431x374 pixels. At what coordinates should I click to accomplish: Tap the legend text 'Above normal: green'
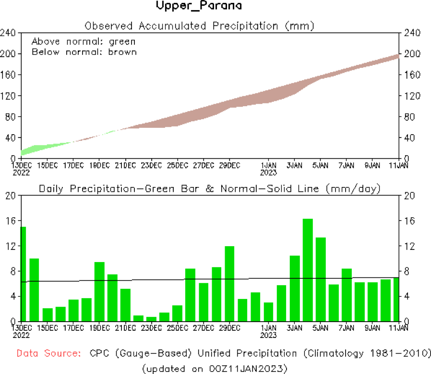[x=84, y=41]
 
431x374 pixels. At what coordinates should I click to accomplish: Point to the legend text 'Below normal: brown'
[x=84, y=51]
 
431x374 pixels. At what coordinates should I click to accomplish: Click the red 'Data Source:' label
[x=48, y=353]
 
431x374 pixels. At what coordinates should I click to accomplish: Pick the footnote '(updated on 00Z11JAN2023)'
[x=215, y=368]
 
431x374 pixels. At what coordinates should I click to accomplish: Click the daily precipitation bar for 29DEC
[x=229, y=284]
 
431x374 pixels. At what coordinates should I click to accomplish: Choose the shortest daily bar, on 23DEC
[x=152, y=319]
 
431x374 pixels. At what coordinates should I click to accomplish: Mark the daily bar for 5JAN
[x=321, y=279]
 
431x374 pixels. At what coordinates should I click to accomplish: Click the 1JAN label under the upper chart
[x=268, y=165]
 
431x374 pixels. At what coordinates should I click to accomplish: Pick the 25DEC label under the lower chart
[x=177, y=328]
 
